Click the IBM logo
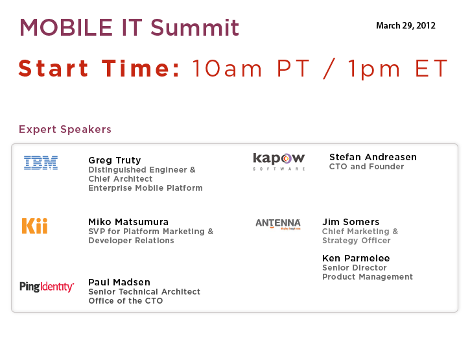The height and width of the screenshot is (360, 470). coord(41,163)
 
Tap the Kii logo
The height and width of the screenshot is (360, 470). coord(35,226)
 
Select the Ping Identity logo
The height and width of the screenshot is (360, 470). coord(47,287)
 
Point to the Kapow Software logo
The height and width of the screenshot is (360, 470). coord(279,162)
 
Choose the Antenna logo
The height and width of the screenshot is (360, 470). coord(278,224)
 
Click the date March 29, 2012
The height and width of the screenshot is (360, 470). coord(406,25)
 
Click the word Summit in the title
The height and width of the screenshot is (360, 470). coord(194,28)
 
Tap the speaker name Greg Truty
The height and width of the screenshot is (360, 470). coord(115,160)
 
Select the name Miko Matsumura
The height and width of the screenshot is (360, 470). coord(128,222)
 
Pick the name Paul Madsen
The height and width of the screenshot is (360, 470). coord(119,282)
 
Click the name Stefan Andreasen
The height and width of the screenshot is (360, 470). coord(373,157)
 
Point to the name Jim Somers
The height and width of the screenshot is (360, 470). coord(351,222)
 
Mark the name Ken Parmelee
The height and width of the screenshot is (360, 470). coord(356,258)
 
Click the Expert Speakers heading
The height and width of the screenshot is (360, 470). coord(65,129)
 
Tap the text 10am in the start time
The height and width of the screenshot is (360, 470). coord(227,68)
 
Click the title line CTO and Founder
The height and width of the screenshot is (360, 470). coord(366,167)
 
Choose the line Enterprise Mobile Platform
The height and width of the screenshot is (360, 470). coord(145,188)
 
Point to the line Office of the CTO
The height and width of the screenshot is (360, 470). coord(126,300)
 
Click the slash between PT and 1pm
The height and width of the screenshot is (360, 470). coord(329,68)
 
